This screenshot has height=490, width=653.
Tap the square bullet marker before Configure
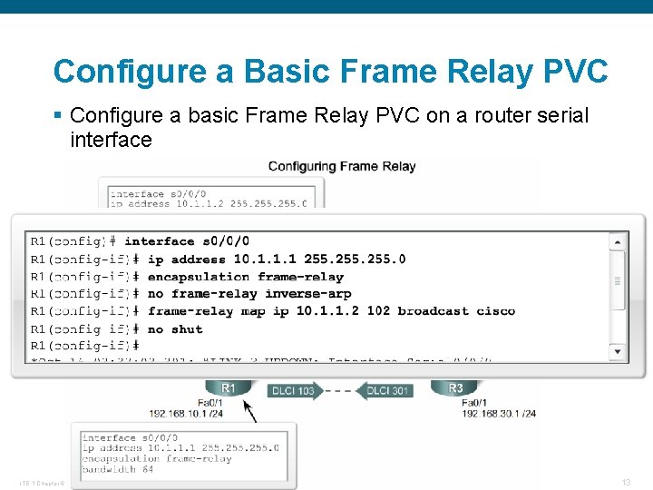click(x=58, y=116)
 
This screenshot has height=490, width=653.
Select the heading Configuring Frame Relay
click(x=342, y=166)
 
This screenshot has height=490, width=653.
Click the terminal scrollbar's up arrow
click(x=618, y=242)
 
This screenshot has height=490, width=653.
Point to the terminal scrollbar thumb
click(x=618, y=280)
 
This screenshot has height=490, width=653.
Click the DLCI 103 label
click(x=292, y=391)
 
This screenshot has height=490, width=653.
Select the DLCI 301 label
click(x=387, y=391)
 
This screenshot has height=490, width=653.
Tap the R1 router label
click(x=229, y=388)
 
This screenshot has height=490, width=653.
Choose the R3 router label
click(x=456, y=388)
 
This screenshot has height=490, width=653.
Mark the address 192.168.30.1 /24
click(x=499, y=413)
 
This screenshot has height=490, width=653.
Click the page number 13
click(x=626, y=482)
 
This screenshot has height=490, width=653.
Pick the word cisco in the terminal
click(x=495, y=311)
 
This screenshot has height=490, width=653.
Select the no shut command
click(x=175, y=328)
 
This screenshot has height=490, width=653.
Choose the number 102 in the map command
click(x=379, y=311)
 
